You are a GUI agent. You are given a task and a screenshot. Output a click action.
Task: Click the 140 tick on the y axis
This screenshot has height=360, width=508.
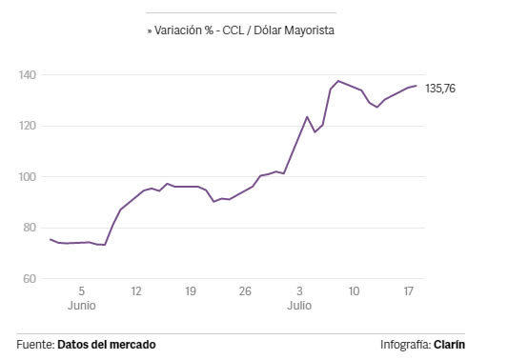click(x=28, y=75)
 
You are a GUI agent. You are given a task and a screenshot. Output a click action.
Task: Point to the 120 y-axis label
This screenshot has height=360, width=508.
click(x=28, y=126)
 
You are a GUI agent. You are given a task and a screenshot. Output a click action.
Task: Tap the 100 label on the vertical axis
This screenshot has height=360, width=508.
click(x=28, y=177)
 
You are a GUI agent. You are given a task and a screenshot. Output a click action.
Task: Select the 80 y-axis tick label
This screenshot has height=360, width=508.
click(x=30, y=228)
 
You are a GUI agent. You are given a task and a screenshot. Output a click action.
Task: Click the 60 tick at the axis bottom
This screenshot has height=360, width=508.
click(x=30, y=279)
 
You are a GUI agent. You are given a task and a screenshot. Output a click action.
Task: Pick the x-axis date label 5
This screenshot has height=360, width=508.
click(x=82, y=291)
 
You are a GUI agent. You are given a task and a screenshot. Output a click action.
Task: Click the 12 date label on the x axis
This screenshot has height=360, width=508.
click(x=136, y=291)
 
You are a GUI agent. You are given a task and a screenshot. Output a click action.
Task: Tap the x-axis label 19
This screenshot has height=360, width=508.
click(x=191, y=291)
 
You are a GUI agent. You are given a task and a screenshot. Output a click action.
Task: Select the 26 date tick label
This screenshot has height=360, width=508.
click(x=245, y=291)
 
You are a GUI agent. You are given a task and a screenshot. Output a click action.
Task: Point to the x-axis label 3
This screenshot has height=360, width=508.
click(x=299, y=291)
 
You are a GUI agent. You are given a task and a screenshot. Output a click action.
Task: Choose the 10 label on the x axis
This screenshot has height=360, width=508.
click(x=354, y=291)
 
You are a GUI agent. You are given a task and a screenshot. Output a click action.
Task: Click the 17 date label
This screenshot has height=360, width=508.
click(x=409, y=291)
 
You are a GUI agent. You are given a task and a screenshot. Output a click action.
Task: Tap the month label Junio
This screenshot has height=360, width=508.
click(x=82, y=306)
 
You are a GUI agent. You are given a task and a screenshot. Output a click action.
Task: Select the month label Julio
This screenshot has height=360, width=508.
click(x=299, y=306)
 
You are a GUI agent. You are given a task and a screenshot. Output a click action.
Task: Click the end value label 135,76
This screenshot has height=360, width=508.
click(x=440, y=89)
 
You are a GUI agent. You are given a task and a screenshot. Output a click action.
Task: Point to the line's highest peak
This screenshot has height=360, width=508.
click(x=338, y=81)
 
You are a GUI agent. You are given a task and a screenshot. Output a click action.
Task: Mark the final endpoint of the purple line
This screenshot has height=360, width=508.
click(x=417, y=86)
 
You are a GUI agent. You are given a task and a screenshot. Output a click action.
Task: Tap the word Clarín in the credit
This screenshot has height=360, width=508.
click(x=449, y=345)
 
